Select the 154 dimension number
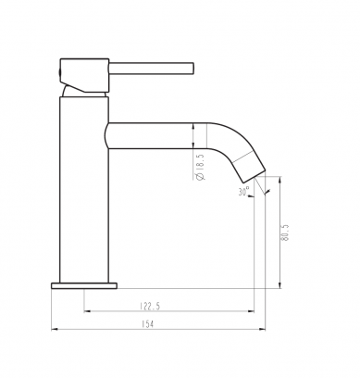pos(147,323)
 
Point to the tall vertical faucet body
pos(85,185)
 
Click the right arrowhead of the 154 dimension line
pos(260,329)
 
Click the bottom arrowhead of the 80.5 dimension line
pos(280,283)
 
